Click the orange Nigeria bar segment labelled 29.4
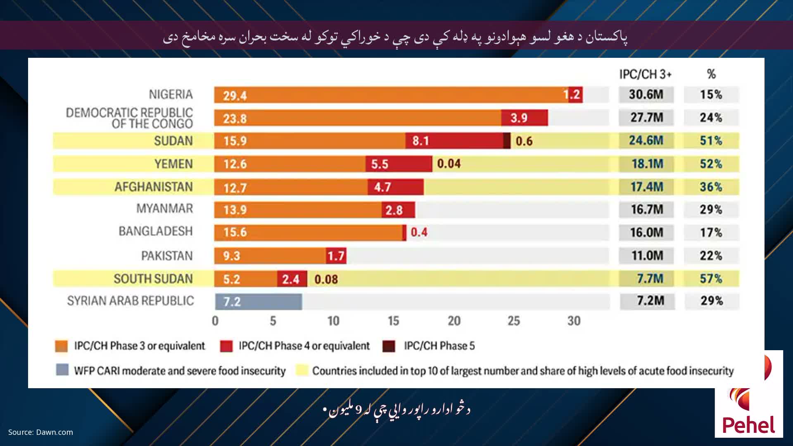[x=391, y=95]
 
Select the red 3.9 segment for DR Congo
[x=524, y=118]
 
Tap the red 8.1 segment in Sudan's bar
[x=454, y=141]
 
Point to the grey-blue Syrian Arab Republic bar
[x=259, y=302]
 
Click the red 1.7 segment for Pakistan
[x=336, y=256]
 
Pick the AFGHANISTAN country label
[x=154, y=187]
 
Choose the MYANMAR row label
[x=164, y=209]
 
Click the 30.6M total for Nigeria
[x=646, y=95]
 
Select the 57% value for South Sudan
[x=711, y=279]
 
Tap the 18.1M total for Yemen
[x=647, y=164]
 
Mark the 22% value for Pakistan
[x=711, y=256]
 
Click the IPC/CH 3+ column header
[x=645, y=74]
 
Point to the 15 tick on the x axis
[x=393, y=321]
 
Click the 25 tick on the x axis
[x=513, y=321]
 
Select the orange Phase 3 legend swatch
[x=61, y=346]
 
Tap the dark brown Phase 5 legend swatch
[x=389, y=346]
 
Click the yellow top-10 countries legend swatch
[x=302, y=370]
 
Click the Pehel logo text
[x=749, y=425]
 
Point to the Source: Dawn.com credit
[x=40, y=432]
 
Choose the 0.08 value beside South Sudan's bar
[x=326, y=280]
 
